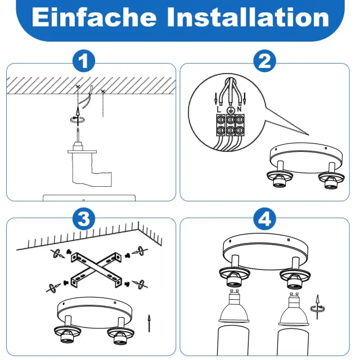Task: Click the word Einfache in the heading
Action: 94,17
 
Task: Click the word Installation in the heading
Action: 249,17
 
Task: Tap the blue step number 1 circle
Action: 84,61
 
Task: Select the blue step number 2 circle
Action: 264,61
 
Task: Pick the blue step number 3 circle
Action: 84,219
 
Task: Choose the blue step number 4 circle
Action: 264,219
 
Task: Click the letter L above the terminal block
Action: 219,110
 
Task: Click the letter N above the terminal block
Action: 239,110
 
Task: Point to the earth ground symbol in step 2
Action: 230,110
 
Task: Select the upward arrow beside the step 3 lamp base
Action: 149,323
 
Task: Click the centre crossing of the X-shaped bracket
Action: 96,268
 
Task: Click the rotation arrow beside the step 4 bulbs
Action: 317,308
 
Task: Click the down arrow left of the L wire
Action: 215,99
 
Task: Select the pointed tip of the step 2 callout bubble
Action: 309,135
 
